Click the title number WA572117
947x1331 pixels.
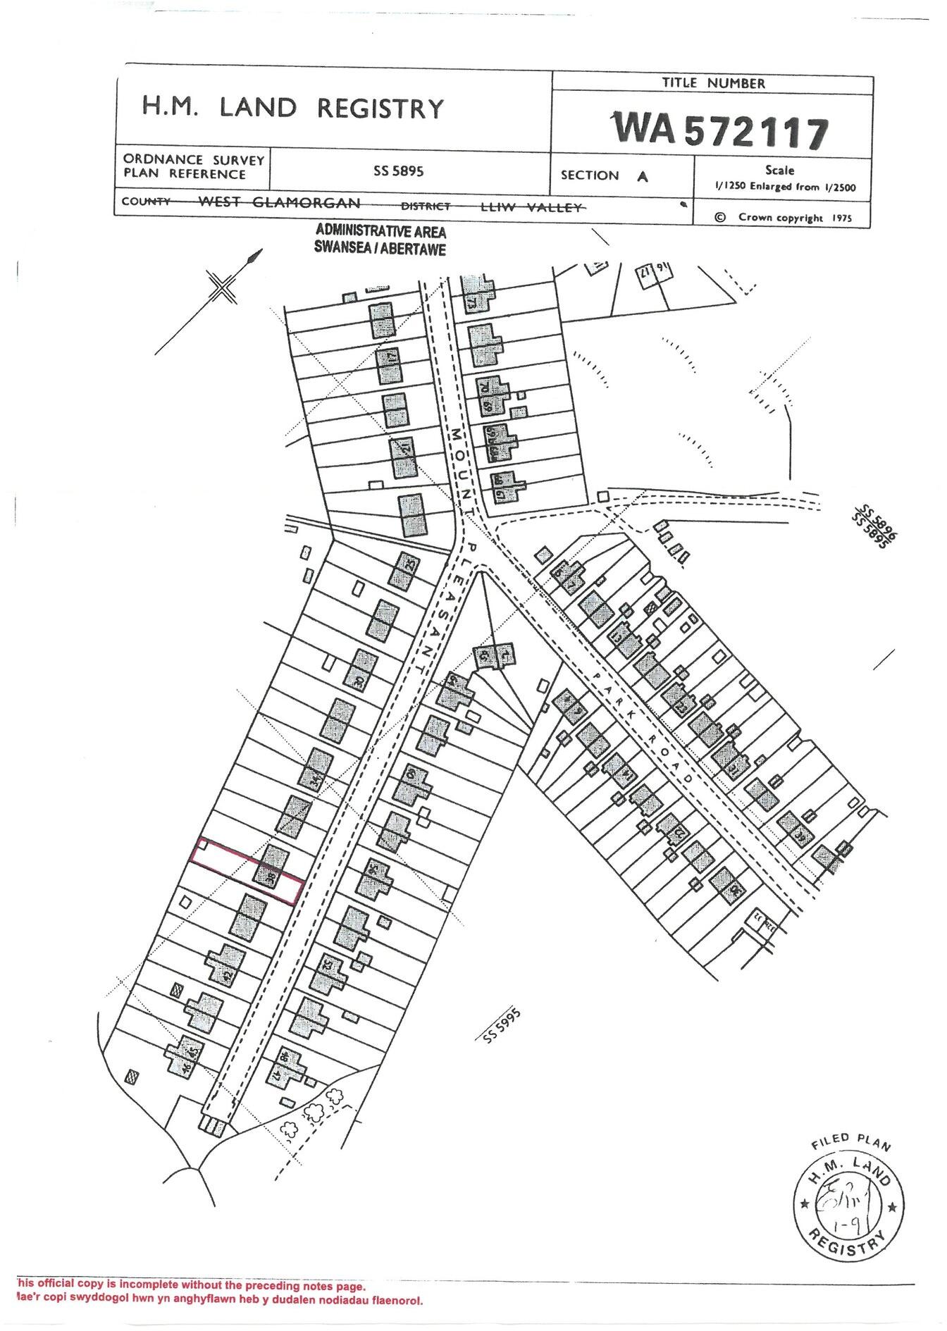(720, 130)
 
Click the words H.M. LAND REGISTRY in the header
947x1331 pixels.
(293, 108)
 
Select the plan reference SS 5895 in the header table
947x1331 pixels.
(399, 171)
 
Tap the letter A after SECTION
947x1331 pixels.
(642, 176)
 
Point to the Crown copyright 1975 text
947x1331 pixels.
(783, 218)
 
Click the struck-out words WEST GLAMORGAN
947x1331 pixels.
(279, 203)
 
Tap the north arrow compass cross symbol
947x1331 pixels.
(223, 288)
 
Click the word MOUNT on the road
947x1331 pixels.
(461, 464)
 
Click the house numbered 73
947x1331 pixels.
(476, 295)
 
